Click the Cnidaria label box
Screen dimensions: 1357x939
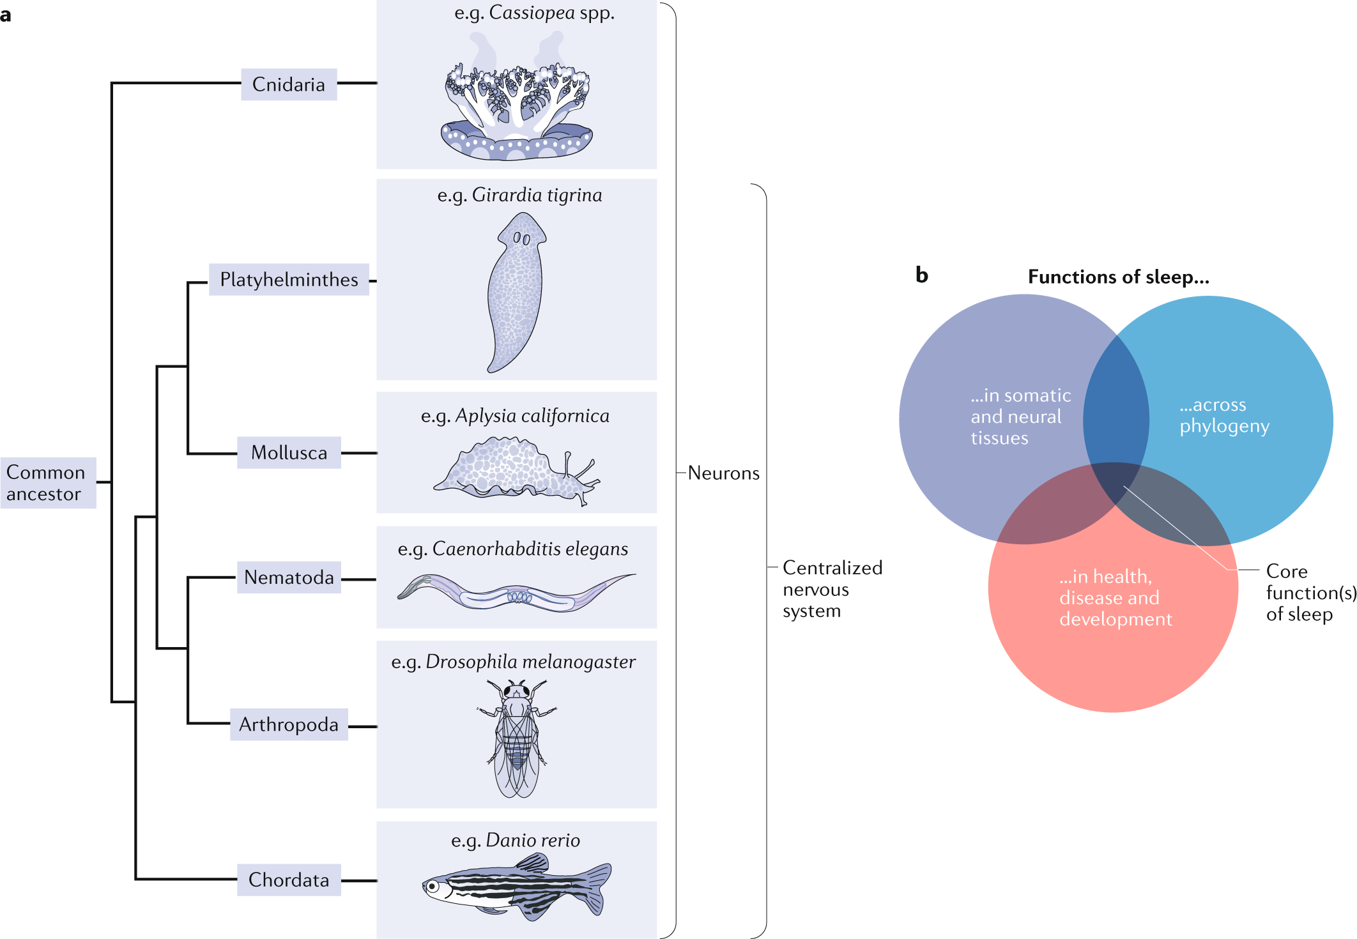(x=289, y=84)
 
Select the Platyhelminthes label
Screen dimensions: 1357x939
(x=289, y=279)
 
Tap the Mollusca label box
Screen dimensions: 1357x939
(x=289, y=452)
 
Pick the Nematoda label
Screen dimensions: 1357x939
(x=289, y=577)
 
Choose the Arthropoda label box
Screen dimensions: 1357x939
(x=289, y=724)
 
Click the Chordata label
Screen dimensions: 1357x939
(x=289, y=880)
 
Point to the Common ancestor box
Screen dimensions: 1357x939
(x=49, y=483)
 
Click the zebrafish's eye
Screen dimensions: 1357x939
(x=433, y=887)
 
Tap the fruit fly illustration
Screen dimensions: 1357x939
(x=517, y=738)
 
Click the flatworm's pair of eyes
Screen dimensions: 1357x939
(x=522, y=239)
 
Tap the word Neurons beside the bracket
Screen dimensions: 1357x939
(x=724, y=473)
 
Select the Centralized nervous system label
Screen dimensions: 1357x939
(x=832, y=589)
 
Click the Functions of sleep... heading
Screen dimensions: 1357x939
(x=1119, y=277)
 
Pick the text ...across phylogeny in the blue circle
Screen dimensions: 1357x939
(x=1224, y=415)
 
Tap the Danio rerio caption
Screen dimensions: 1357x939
(x=516, y=841)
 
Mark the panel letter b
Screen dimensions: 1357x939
(x=921, y=275)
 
